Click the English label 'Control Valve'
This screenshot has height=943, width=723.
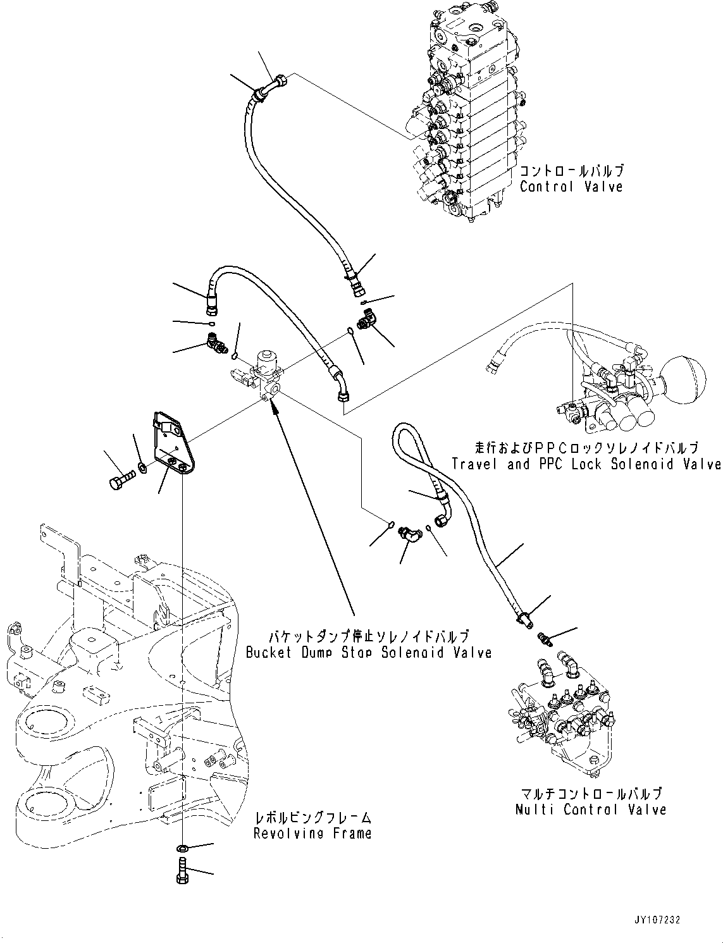click(571, 187)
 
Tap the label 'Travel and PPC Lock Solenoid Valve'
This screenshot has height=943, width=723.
click(586, 464)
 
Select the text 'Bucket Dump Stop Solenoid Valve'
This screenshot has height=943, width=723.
click(369, 652)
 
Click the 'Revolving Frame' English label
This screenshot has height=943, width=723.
click(312, 833)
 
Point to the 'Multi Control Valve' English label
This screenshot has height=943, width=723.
click(590, 809)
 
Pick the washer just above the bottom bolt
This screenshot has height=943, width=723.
click(182, 848)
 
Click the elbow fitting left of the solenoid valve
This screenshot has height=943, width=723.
click(216, 344)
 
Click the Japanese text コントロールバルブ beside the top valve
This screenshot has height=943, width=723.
click(571, 171)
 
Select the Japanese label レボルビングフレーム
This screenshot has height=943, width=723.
click(312, 818)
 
